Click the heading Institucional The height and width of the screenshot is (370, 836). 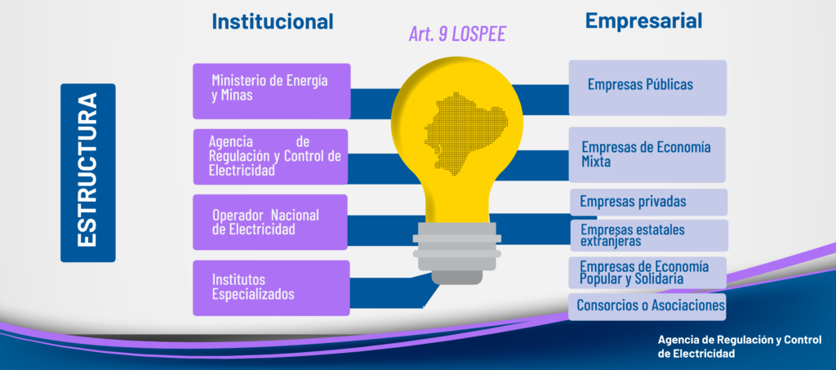click(273, 21)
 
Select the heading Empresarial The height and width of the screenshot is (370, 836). click(643, 20)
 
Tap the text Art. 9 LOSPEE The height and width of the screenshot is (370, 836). click(457, 34)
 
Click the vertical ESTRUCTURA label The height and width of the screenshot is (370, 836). click(88, 172)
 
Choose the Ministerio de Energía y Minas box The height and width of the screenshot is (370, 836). click(271, 91)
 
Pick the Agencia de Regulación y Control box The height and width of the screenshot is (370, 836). click(270, 157)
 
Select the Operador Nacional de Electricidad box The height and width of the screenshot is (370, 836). click(269, 222)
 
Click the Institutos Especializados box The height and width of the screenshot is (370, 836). click(271, 288)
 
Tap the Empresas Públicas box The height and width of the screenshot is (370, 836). click(647, 88)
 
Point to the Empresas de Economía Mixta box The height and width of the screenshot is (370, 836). click(647, 154)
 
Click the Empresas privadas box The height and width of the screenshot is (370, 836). click(648, 202)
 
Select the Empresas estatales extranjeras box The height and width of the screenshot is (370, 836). click(649, 236)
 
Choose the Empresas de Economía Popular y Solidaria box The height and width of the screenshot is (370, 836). click(647, 273)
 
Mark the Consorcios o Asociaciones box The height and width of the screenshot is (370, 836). click(647, 306)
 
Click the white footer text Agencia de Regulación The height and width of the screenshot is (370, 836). click(740, 346)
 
